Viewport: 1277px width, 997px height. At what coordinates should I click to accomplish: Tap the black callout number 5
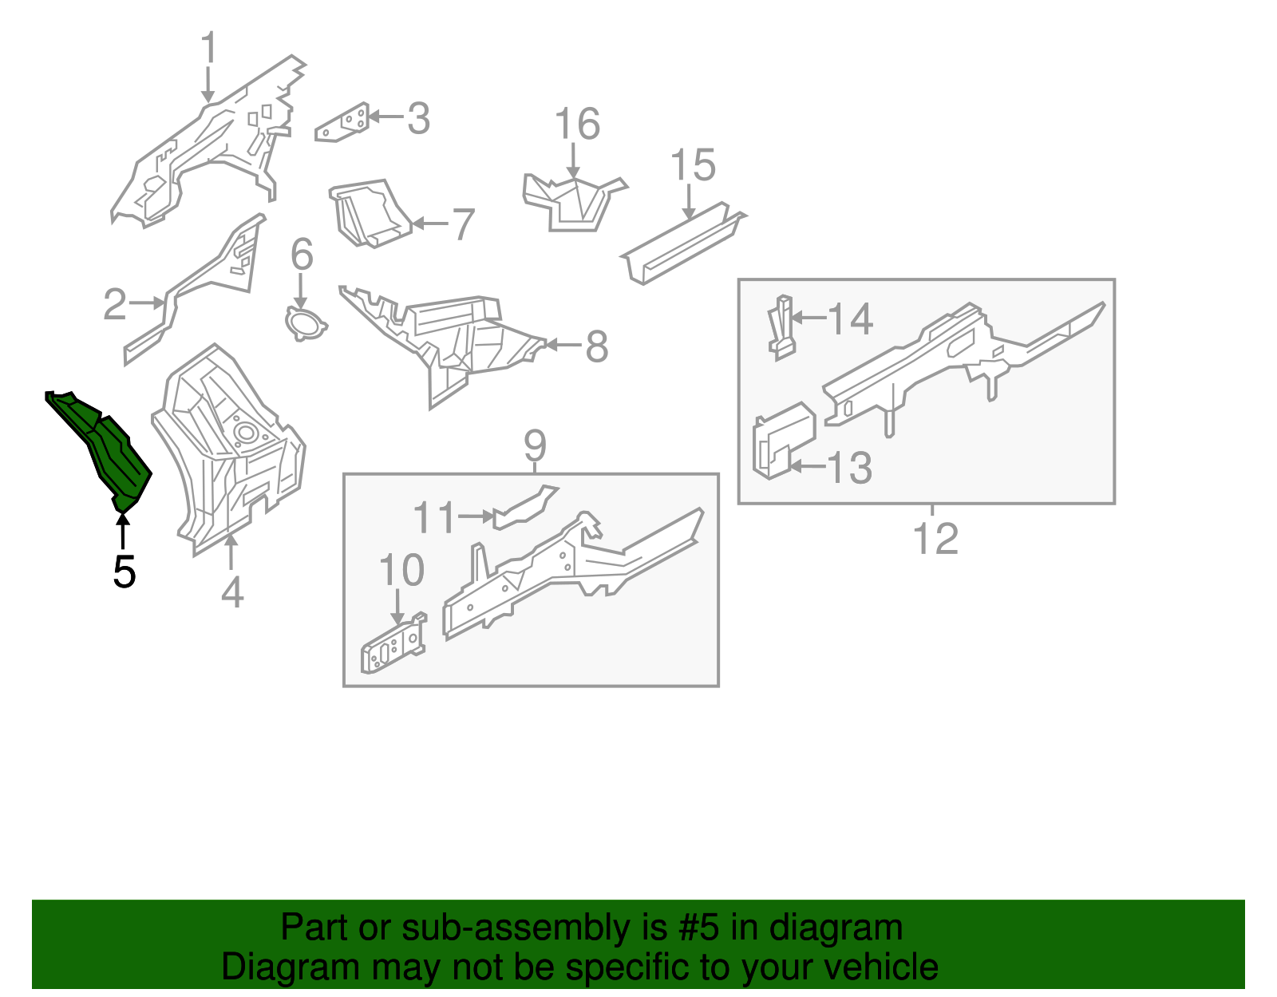pyautogui.click(x=124, y=572)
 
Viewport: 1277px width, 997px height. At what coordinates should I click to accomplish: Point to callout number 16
pyautogui.click(x=576, y=125)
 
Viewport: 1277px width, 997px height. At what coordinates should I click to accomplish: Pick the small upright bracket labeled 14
pyautogui.click(x=783, y=327)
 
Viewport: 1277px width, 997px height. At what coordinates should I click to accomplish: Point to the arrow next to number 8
pyautogui.click(x=563, y=346)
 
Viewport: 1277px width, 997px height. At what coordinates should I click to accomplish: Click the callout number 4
pyautogui.click(x=231, y=593)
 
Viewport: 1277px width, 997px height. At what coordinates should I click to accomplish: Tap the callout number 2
pyautogui.click(x=115, y=304)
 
